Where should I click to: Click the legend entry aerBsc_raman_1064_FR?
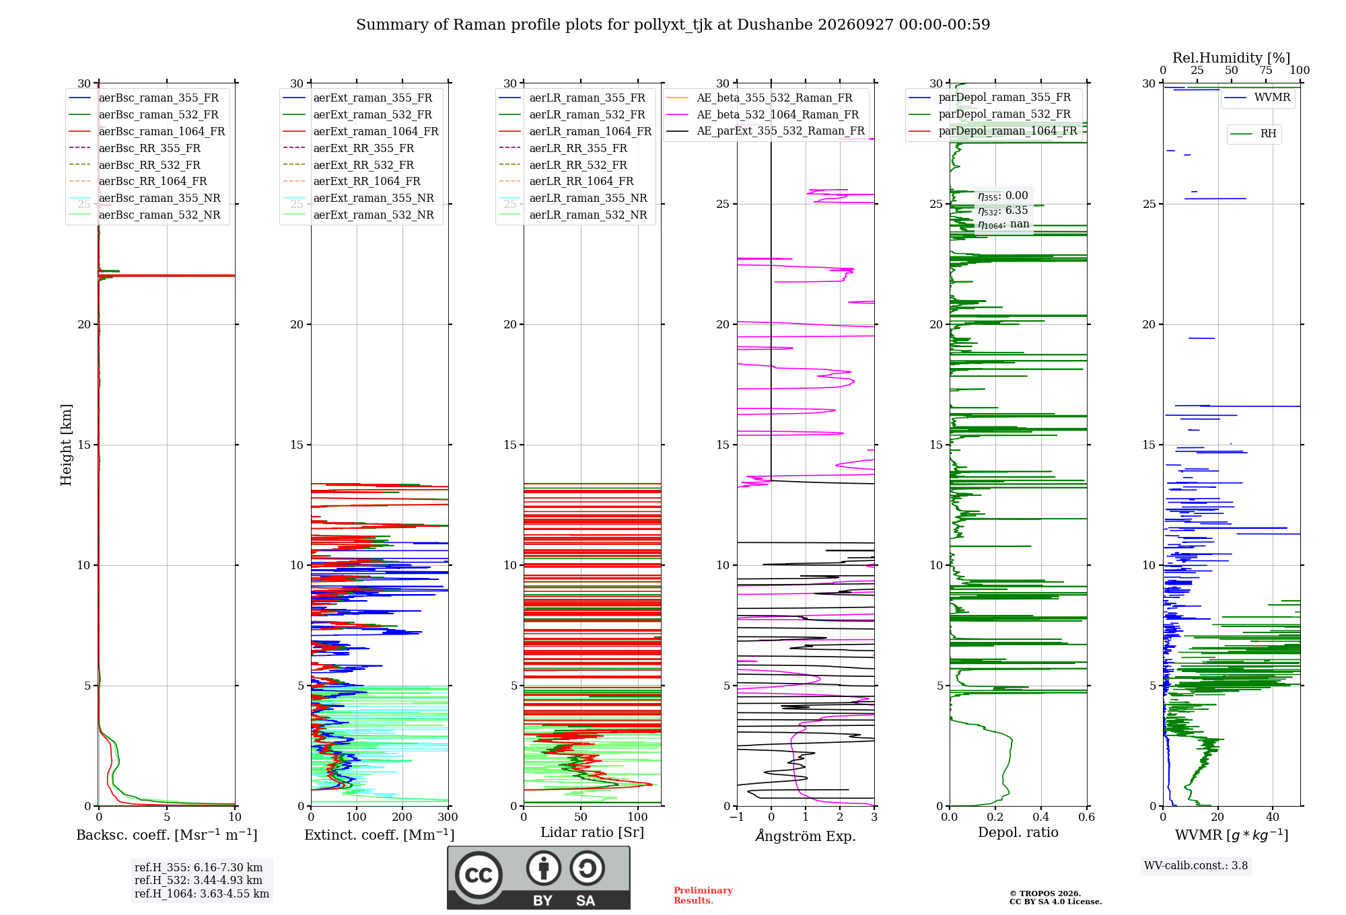coord(147,132)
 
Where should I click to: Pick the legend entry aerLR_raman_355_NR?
coord(573,198)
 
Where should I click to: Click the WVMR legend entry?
coord(1257,98)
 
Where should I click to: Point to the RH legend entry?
coord(1253,134)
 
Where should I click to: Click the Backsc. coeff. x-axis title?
coord(167,835)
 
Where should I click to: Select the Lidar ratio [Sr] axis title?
coord(592,833)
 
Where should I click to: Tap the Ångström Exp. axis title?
coord(806,836)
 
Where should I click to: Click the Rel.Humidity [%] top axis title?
coord(1232,58)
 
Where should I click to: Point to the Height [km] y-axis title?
coord(66,445)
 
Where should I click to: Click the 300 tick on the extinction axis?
coord(448,817)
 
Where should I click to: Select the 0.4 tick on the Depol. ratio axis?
coord(1041,817)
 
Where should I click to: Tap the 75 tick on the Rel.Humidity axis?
coord(1266,71)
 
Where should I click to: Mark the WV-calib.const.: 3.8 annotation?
coord(1196,866)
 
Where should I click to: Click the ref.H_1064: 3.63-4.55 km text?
coord(202,894)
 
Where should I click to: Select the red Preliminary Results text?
coord(703,895)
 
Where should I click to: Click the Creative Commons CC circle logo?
coord(479,875)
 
